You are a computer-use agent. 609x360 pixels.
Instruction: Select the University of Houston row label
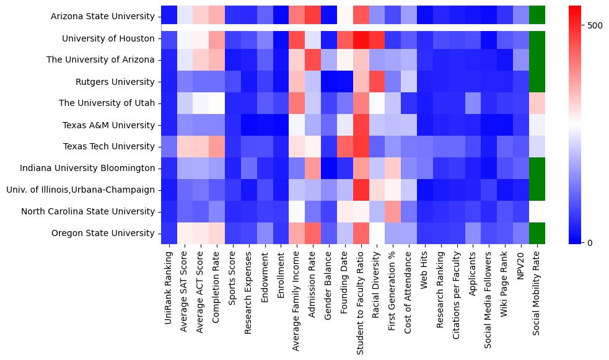click(108, 38)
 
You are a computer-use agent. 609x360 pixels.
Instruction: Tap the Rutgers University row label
click(116, 82)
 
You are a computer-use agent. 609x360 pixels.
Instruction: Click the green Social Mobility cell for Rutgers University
click(537, 82)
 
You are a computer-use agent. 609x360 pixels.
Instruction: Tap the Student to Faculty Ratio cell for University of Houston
click(361, 38)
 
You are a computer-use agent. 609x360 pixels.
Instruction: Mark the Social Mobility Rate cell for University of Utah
click(537, 103)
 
